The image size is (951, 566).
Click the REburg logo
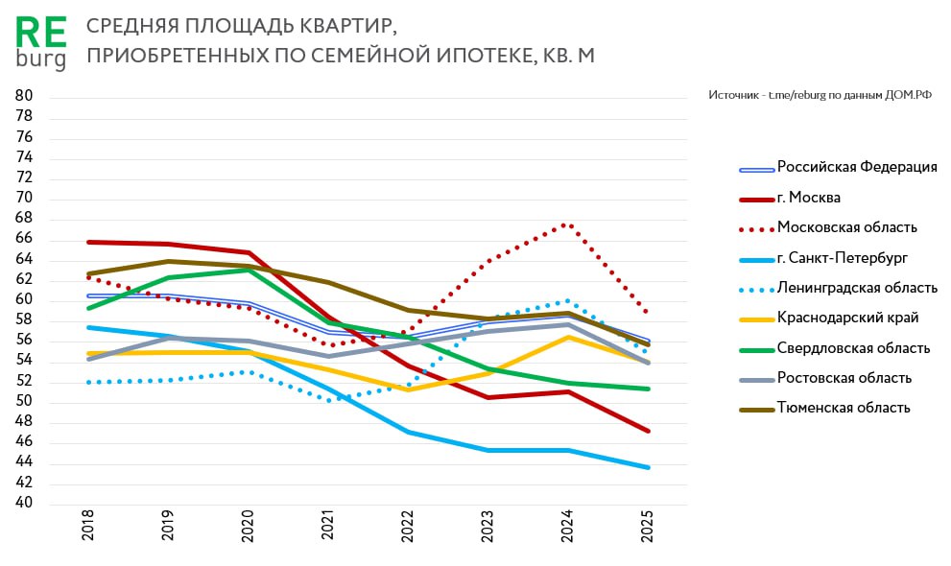(x=41, y=43)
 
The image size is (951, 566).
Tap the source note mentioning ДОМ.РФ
(x=820, y=95)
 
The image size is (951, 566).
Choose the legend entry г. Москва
(x=809, y=198)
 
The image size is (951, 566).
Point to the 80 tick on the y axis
(x=24, y=96)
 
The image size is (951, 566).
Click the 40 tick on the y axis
(x=24, y=504)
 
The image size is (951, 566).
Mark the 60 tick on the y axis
(x=24, y=299)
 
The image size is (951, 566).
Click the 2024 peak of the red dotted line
(x=567, y=224)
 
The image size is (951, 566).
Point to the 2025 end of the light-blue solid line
(x=648, y=467)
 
